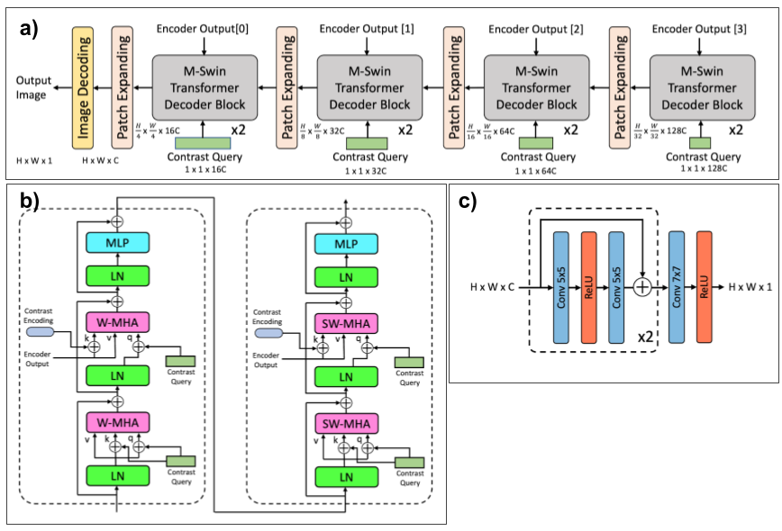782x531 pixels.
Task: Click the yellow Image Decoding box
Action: click(83, 86)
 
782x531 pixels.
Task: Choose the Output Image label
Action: click(33, 87)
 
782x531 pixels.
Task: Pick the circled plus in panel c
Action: click(643, 287)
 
